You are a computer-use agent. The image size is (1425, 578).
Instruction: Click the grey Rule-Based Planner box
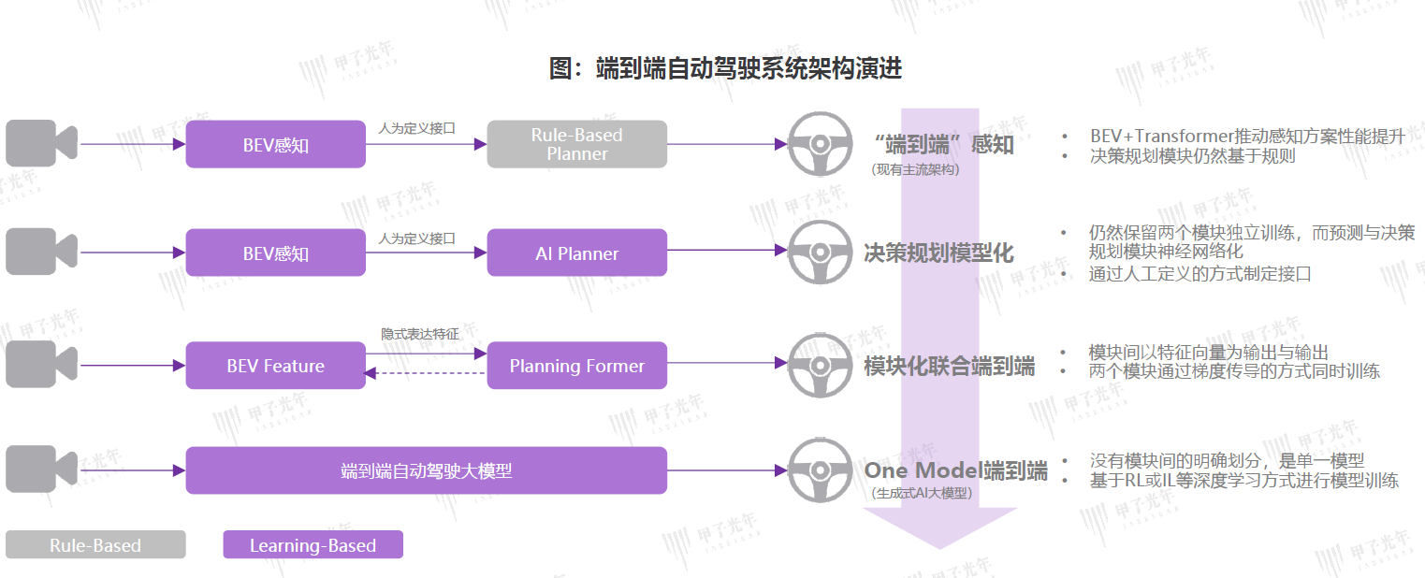click(576, 144)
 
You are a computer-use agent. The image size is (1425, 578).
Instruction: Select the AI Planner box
click(576, 253)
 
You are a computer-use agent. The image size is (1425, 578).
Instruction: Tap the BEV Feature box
click(275, 366)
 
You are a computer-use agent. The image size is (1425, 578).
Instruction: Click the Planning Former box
click(576, 366)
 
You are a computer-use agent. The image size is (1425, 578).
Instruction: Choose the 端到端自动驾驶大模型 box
click(426, 470)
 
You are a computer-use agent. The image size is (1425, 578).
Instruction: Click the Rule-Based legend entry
click(95, 545)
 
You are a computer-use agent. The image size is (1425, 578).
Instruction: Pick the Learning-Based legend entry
click(313, 545)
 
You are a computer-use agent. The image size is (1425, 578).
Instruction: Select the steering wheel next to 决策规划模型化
click(820, 252)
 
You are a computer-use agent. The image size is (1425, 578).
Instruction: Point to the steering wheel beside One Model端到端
click(820, 470)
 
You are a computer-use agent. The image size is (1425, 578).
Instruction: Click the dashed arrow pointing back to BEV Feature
click(426, 373)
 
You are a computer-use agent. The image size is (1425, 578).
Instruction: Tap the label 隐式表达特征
click(427, 333)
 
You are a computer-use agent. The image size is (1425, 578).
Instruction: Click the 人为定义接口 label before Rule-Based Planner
click(416, 128)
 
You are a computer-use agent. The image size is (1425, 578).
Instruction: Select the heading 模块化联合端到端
click(949, 367)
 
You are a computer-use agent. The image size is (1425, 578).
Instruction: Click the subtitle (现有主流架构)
click(915, 169)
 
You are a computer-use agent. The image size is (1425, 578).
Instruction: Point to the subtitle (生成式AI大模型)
click(922, 493)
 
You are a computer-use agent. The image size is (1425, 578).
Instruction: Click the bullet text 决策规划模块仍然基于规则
click(1192, 156)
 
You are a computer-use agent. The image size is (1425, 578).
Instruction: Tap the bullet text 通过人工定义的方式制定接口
click(1200, 274)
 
